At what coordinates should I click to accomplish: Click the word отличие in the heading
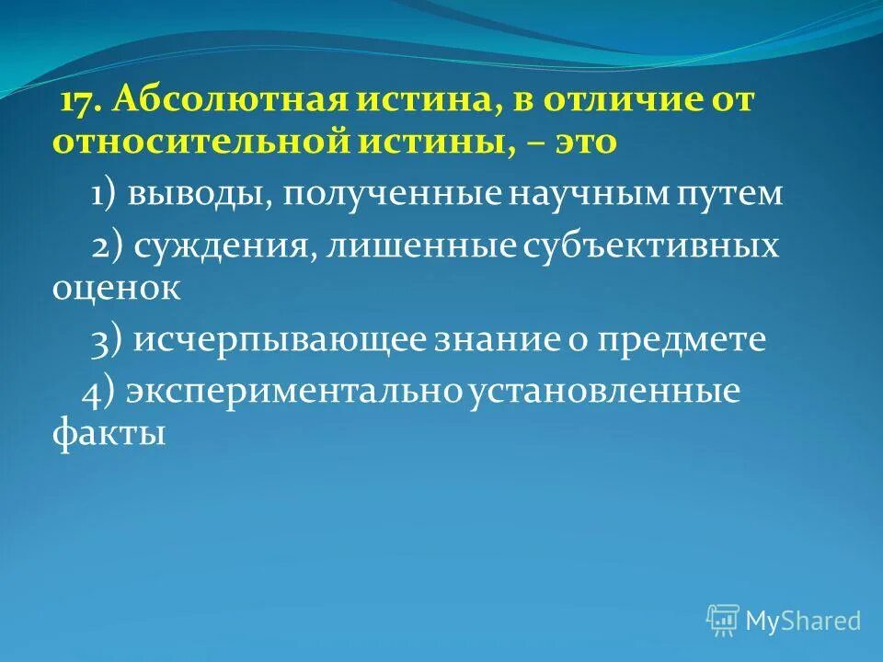[x=625, y=102]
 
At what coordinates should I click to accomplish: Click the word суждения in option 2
[x=218, y=246]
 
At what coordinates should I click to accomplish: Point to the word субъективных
[x=651, y=246]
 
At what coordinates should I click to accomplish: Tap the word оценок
[x=116, y=288]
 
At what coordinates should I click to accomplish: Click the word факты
[x=109, y=432]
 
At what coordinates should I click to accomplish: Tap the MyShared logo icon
[x=723, y=621]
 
